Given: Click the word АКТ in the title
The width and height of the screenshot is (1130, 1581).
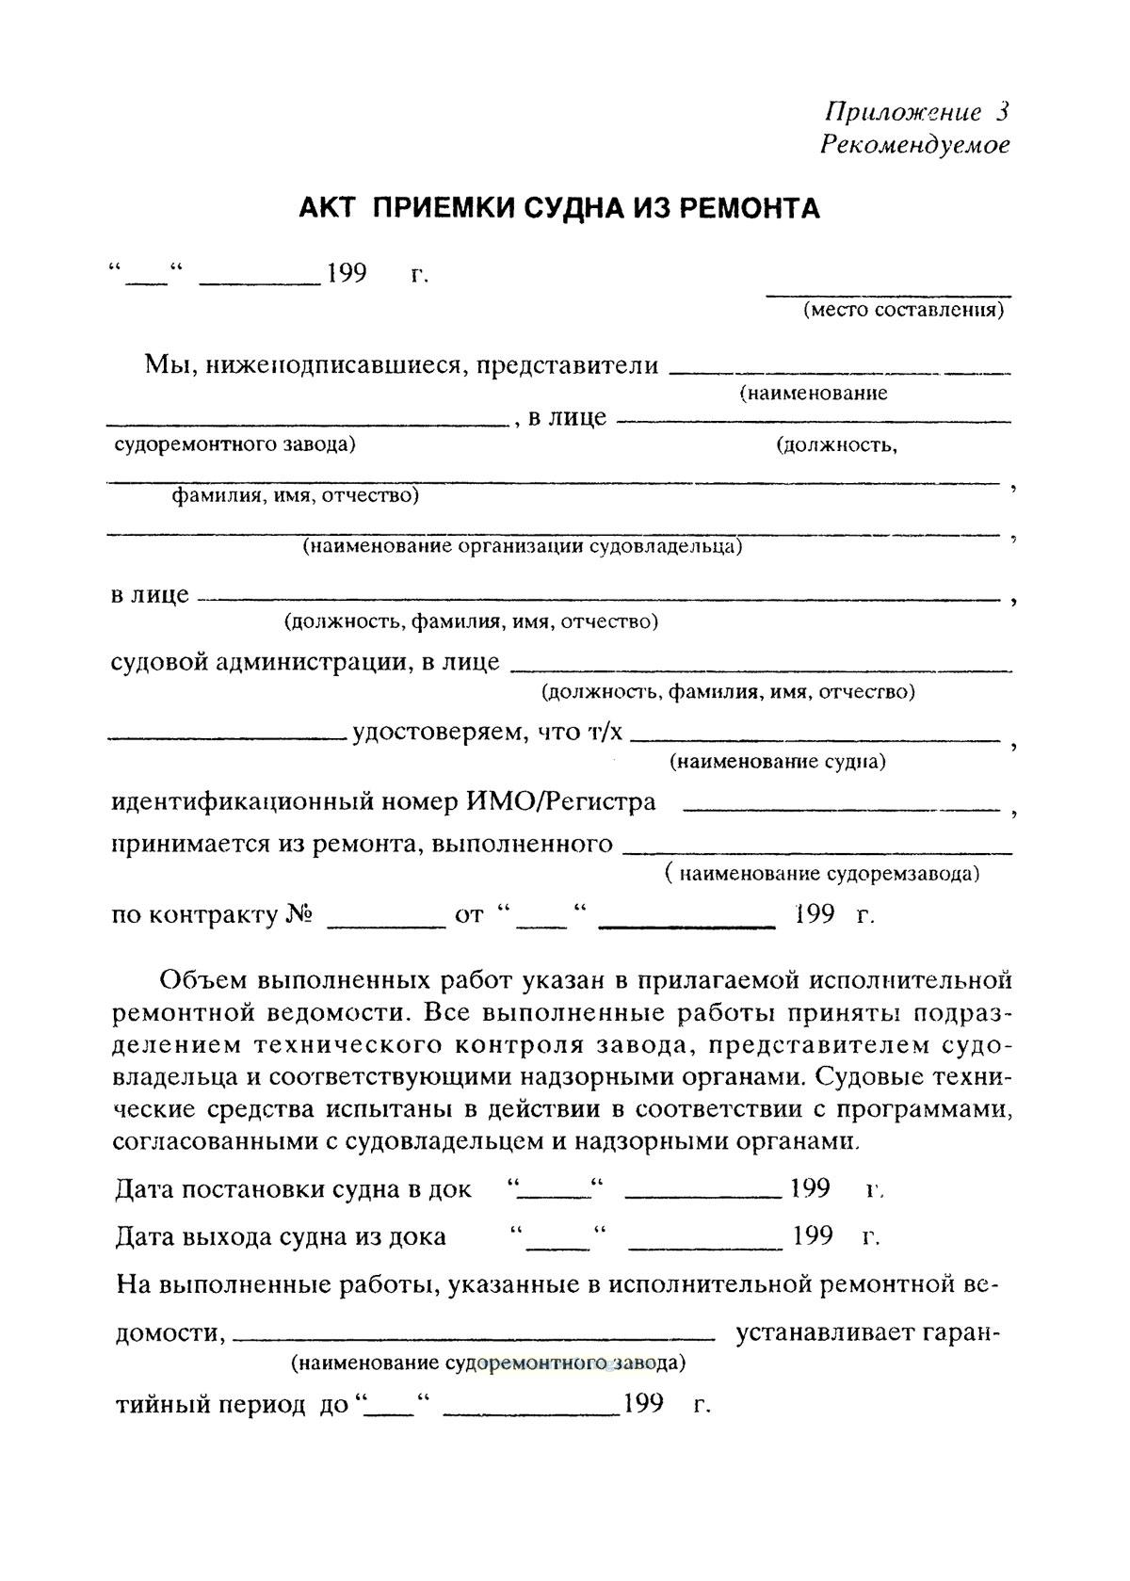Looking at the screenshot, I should pos(326,208).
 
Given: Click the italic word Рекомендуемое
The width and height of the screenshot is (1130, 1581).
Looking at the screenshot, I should pos(914,145).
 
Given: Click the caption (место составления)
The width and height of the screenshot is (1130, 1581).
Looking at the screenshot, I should pos(902,310).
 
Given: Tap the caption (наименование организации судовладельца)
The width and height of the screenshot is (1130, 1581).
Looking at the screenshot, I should pos(522,546).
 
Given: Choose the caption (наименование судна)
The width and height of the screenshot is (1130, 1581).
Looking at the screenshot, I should pos(777,761).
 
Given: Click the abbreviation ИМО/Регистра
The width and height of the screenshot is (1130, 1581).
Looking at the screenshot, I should pos(561,802).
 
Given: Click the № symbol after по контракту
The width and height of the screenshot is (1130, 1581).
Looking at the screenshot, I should pos(299,914).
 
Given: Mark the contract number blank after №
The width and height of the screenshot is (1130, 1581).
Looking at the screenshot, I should pos(385,927).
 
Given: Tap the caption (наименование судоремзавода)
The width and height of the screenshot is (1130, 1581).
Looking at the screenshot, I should pos(822,874).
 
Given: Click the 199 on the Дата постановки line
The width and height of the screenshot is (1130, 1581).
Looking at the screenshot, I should pos(810,1188).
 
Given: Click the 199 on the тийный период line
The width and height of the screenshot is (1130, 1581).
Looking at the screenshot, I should pos(643,1404).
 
